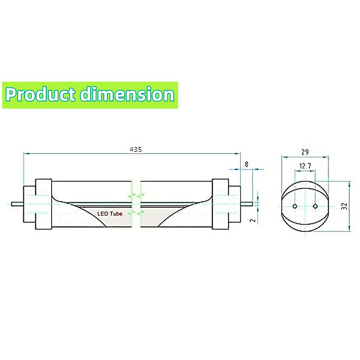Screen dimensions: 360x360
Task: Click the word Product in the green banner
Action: (40, 95)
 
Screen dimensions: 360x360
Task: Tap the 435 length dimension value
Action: (136, 149)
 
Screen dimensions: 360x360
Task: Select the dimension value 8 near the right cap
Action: (247, 164)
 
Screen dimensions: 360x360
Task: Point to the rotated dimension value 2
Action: (253, 220)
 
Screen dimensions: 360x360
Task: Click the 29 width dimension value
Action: (305, 152)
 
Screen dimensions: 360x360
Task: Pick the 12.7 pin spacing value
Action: (305, 166)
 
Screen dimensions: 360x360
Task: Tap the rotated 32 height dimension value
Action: (345, 206)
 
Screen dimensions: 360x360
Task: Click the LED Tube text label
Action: (110, 214)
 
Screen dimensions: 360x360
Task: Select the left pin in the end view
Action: (295, 206)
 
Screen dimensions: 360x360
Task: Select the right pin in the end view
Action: (315, 206)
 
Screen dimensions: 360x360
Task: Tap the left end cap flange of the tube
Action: (43, 204)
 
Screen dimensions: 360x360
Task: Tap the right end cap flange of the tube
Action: (220, 204)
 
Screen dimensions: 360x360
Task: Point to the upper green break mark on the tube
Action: (136, 196)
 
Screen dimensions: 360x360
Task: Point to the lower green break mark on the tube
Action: (136, 213)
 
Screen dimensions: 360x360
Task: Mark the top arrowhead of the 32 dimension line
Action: (349, 184)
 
